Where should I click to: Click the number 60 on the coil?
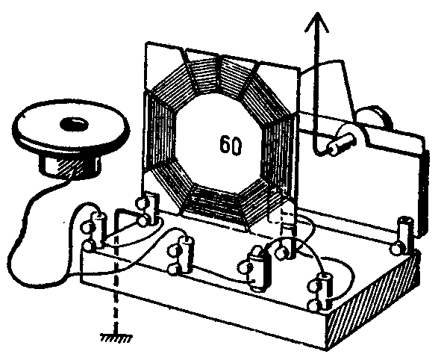[x=231, y=145]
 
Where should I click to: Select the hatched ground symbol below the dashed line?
[x=116, y=338]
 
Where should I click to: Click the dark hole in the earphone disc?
[x=75, y=125]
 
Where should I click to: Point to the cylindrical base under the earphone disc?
[x=69, y=166]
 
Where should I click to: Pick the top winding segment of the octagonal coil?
[x=220, y=73]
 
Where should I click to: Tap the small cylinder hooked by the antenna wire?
[x=341, y=143]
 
